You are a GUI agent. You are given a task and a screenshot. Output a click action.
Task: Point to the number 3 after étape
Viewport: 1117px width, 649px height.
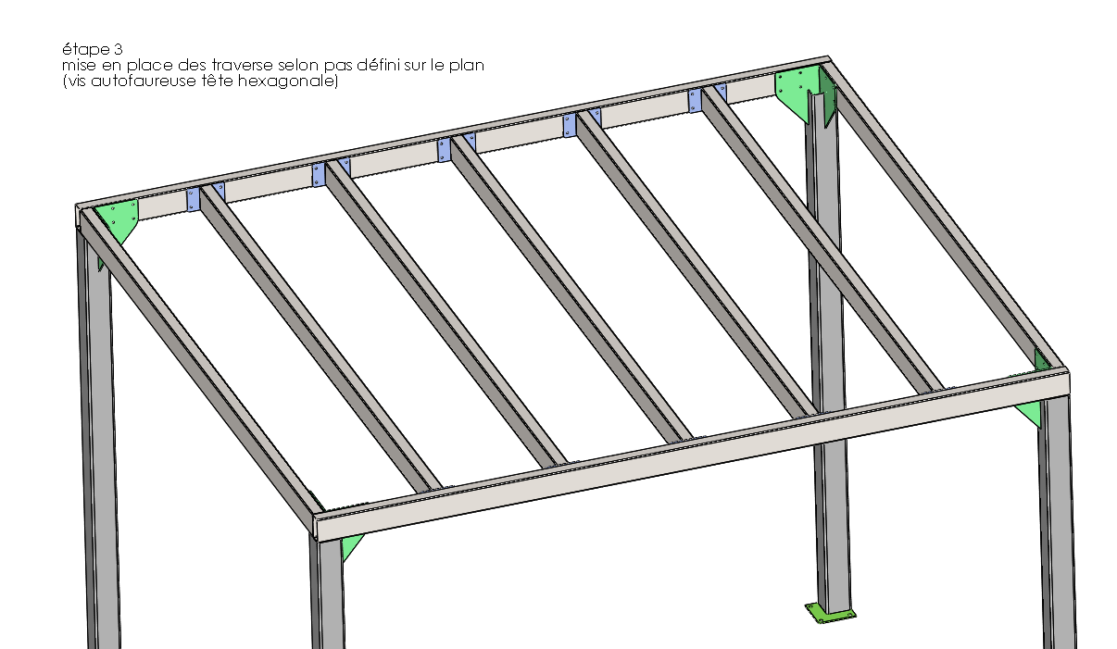tap(116, 48)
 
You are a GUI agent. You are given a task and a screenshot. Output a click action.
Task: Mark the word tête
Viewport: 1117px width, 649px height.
tap(223, 81)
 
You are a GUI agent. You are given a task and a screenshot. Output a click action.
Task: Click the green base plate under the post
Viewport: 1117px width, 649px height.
tap(831, 612)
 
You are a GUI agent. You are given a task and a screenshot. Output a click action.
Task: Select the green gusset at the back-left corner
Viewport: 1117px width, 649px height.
tap(121, 219)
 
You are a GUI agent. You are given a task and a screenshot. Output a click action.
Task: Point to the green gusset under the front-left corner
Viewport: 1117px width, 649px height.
tap(350, 547)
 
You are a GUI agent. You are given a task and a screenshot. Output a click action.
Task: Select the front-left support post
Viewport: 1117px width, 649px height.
tap(326, 593)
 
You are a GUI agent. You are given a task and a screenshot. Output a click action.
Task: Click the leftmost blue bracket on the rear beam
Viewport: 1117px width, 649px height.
tap(194, 198)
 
